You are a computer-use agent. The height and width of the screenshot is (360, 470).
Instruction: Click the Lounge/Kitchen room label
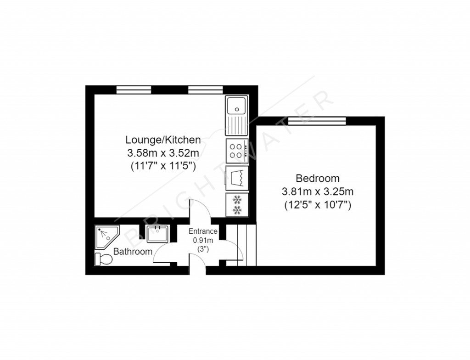[x=163, y=140]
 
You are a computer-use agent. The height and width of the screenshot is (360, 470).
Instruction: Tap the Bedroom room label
[x=317, y=178]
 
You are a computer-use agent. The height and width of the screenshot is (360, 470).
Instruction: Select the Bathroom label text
[x=133, y=252]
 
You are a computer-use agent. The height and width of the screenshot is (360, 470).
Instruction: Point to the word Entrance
[x=203, y=231]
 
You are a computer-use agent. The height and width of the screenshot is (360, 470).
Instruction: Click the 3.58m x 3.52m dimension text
[x=163, y=153]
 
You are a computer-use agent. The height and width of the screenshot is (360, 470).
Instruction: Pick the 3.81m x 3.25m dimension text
[x=318, y=192]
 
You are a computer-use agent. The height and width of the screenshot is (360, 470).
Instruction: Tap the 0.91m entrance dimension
[x=203, y=240]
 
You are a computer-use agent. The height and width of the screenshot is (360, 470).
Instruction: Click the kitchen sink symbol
[x=237, y=115]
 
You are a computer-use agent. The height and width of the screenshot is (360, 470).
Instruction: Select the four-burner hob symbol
[x=237, y=151]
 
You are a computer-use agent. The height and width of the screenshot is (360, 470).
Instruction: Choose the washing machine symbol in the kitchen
[x=237, y=177]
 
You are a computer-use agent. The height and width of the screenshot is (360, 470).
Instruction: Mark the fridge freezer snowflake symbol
[x=237, y=204]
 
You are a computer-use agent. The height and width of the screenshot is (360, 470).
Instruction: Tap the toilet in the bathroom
[x=103, y=259]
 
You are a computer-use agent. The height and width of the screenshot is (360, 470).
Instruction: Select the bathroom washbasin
[x=157, y=233]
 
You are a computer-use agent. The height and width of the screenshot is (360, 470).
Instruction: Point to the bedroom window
[x=327, y=120]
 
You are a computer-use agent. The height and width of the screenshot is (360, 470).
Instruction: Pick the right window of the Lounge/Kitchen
[x=206, y=90]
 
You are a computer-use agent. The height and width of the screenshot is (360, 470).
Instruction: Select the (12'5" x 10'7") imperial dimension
[x=318, y=205]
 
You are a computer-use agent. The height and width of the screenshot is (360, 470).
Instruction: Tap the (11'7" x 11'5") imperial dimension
[x=163, y=166]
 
